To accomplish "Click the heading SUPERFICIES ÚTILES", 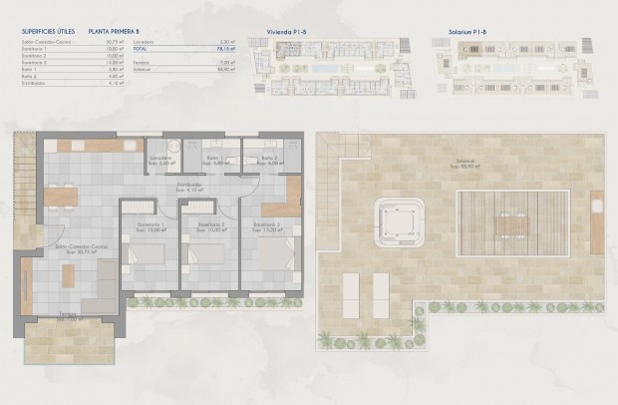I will tap(49, 32).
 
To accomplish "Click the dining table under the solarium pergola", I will tap(509, 224).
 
